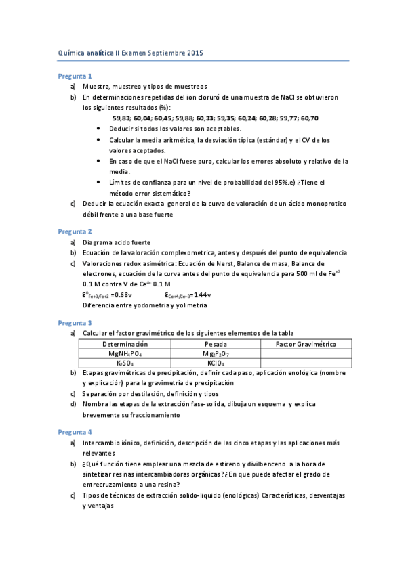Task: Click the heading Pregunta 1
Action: point(75,76)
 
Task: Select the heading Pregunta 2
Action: point(75,231)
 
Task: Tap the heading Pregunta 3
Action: point(75,323)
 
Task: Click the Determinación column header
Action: point(125,345)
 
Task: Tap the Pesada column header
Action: point(215,345)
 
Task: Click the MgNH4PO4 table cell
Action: point(125,354)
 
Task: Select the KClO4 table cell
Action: point(215,363)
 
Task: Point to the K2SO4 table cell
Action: point(125,363)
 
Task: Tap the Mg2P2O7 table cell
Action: point(215,354)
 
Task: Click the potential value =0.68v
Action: point(122,295)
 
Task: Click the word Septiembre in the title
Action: point(160,52)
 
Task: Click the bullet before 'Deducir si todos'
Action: point(100,129)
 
